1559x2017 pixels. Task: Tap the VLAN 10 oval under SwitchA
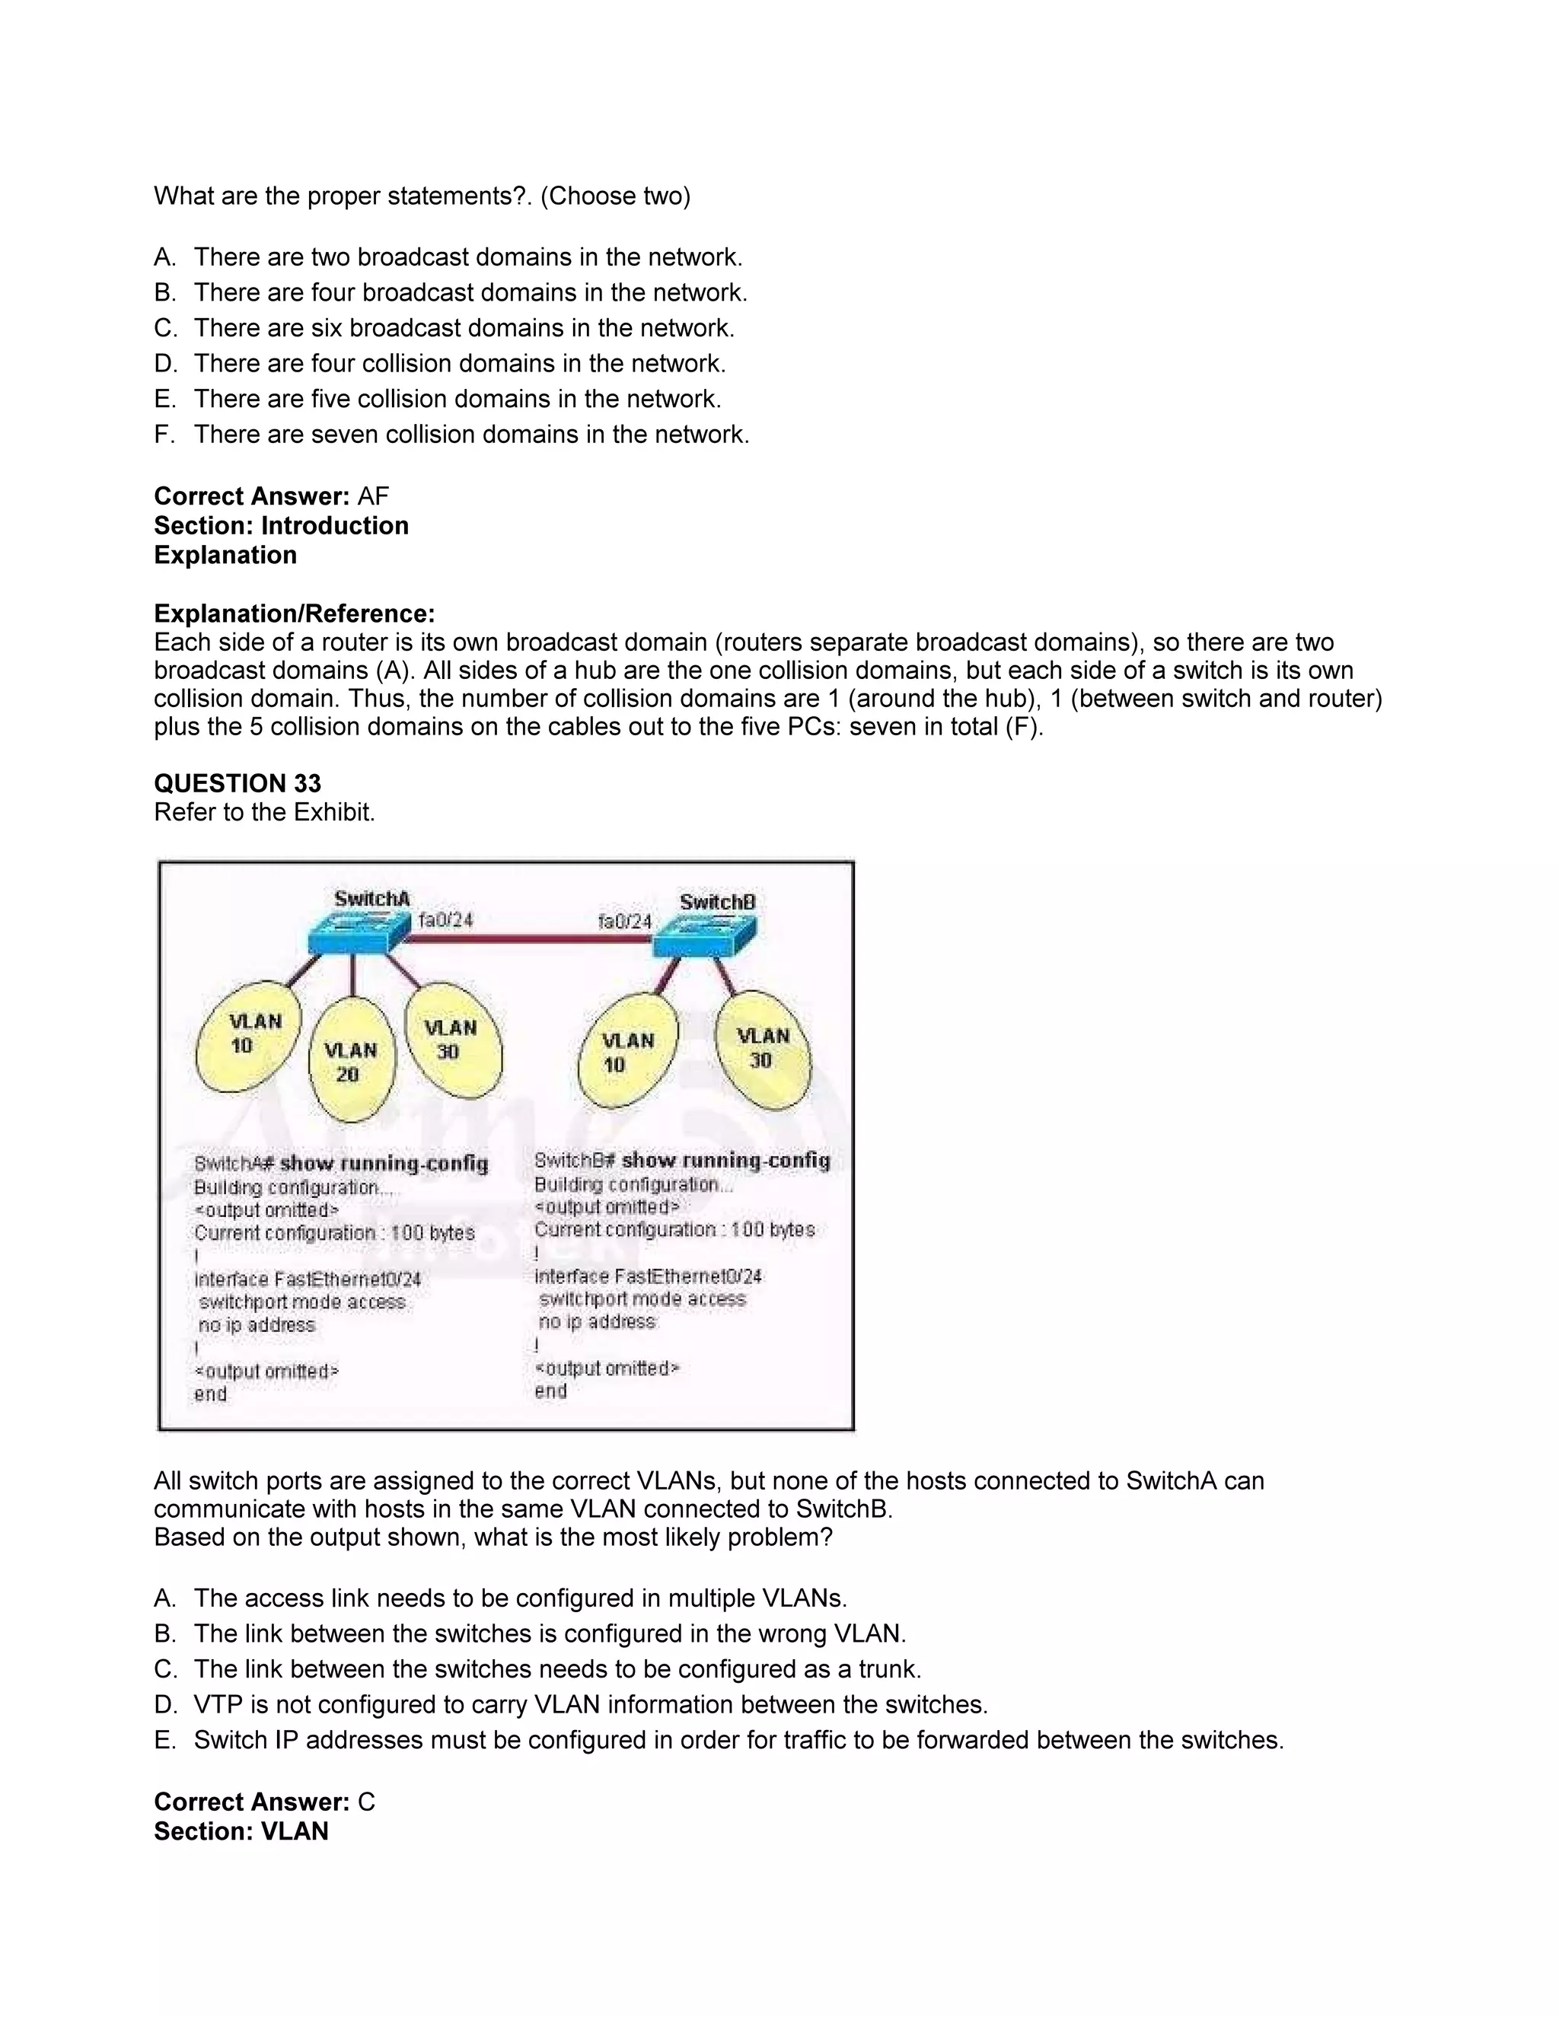[x=247, y=1035]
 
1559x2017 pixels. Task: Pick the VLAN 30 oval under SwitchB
[x=762, y=1049]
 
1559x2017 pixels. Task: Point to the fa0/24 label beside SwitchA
[x=445, y=920]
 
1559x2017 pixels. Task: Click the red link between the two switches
[x=531, y=939]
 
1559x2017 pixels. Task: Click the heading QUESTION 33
[x=238, y=783]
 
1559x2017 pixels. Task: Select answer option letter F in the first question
[x=164, y=434]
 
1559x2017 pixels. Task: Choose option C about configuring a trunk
[x=557, y=1669]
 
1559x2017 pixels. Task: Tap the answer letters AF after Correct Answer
[x=373, y=496]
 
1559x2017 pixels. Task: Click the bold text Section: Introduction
[x=281, y=525]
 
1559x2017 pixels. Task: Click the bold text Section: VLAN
[x=241, y=1831]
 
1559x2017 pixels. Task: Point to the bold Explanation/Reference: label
[x=294, y=613]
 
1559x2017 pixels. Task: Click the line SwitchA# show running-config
[x=341, y=1164]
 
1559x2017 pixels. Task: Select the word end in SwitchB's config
[x=550, y=1391]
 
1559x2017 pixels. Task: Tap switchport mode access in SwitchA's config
[x=302, y=1302]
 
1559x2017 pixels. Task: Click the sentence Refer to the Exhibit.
[x=264, y=812]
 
